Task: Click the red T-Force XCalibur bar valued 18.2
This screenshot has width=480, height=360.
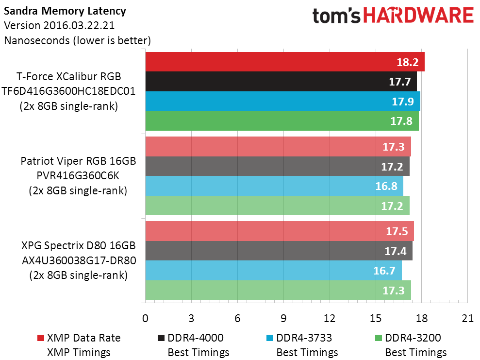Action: pyautogui.click(x=285, y=62)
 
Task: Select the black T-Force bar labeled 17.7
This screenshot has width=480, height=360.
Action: pyautogui.click(x=281, y=82)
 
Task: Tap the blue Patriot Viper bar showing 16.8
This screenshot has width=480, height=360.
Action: pyautogui.click(x=274, y=186)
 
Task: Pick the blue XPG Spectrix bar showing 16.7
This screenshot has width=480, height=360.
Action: pyautogui.click(x=273, y=271)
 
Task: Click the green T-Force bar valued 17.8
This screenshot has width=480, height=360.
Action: pyautogui.click(x=282, y=120)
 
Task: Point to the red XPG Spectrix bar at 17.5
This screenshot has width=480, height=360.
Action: pyautogui.click(x=280, y=231)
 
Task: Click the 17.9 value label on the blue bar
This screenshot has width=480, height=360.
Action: pyautogui.click(x=403, y=102)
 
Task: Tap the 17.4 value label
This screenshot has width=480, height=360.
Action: pyautogui.click(x=395, y=251)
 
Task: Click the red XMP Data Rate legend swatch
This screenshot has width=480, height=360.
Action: pyautogui.click(x=40, y=338)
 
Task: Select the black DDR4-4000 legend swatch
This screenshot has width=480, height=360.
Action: pyautogui.click(x=161, y=338)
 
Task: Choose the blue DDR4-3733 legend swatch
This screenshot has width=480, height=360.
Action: pyautogui.click(x=270, y=338)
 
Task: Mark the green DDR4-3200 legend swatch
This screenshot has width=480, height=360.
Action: pyautogui.click(x=379, y=338)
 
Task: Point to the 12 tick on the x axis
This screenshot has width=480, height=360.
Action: pyautogui.click(x=330, y=319)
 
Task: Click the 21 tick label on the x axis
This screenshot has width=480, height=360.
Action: pyautogui.click(x=468, y=319)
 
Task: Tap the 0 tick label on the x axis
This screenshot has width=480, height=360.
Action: pyautogui.click(x=145, y=319)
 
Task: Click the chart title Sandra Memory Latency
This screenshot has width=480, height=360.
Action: pyautogui.click(x=65, y=11)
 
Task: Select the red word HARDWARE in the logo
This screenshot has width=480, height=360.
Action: pyautogui.click(x=419, y=16)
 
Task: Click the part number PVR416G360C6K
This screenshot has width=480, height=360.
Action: pyautogui.click(x=78, y=175)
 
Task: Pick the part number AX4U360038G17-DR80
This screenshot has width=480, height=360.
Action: pyautogui.click(x=79, y=260)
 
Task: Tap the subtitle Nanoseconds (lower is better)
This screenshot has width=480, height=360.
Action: pyautogui.click(x=78, y=40)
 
